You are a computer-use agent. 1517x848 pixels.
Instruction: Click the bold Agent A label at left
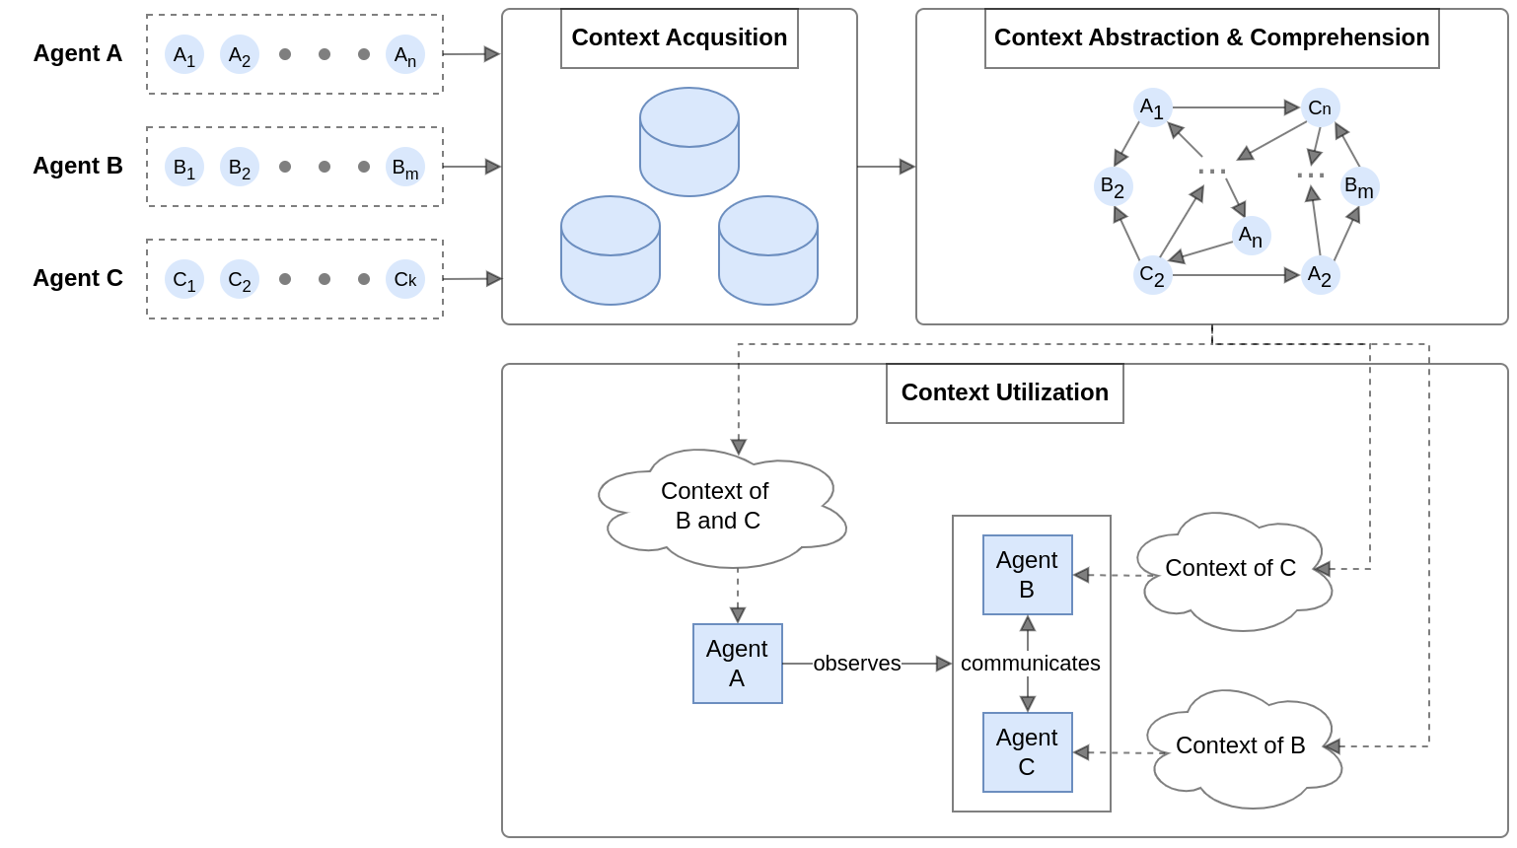pos(78,53)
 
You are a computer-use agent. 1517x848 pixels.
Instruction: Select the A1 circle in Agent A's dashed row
pos(184,54)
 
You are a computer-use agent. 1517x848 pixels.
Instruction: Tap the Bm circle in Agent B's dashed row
pos(405,167)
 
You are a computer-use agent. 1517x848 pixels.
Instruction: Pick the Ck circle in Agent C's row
pos(405,279)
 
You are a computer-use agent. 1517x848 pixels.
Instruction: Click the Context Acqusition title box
pos(680,38)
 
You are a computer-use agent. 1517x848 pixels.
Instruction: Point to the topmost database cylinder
pos(689,141)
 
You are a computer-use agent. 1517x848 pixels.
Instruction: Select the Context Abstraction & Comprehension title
pos(1211,38)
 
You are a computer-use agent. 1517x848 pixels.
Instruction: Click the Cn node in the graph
pos(1320,107)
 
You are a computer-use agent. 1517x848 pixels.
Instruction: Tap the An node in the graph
pos(1251,236)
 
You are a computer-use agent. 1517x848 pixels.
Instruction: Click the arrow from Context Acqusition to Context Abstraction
pos(886,167)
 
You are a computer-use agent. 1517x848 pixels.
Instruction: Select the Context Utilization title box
pos(1004,392)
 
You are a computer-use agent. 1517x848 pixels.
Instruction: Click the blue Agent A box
pos(737,664)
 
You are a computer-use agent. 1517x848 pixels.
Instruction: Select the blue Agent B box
pos(1027,575)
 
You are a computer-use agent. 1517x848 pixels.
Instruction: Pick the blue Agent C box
pos(1027,752)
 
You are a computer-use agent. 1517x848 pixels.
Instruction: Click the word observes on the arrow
pos(856,664)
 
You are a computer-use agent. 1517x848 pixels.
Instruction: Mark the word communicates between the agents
pos(1030,664)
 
